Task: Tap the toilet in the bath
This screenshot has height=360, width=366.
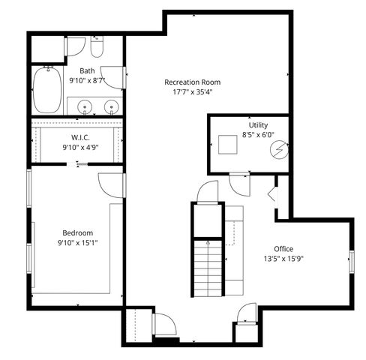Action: click(x=96, y=49)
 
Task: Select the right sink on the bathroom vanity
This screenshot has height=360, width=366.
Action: click(x=111, y=106)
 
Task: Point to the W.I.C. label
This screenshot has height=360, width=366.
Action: click(x=81, y=137)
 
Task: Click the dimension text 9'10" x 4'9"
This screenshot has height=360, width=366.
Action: click(x=81, y=148)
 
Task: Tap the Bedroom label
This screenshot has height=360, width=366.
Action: click(x=76, y=232)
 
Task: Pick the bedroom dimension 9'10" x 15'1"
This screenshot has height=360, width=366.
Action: click(x=76, y=243)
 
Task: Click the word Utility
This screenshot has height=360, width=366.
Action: click(x=258, y=125)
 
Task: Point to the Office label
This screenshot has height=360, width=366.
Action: click(x=283, y=249)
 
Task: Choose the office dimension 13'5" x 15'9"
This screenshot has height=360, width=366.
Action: click(x=283, y=259)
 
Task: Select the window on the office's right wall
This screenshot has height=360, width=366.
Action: click(x=351, y=260)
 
